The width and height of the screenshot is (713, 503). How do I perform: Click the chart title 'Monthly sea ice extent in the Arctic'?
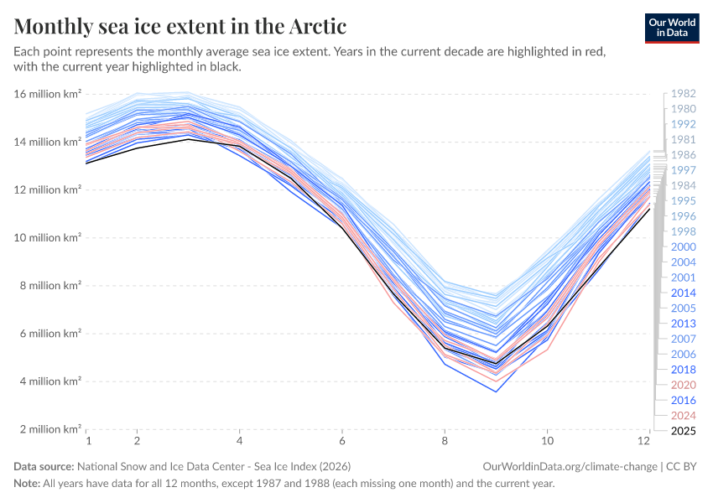(x=180, y=26)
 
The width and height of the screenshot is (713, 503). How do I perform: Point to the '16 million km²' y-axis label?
(x=47, y=94)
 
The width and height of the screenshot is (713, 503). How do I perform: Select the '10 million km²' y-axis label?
(x=47, y=237)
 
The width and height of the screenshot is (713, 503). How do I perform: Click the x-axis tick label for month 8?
(x=445, y=441)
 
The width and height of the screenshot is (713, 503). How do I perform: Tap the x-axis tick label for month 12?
(x=645, y=441)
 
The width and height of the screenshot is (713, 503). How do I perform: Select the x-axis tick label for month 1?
(x=87, y=441)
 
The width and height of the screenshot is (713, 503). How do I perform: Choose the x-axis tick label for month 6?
(x=341, y=441)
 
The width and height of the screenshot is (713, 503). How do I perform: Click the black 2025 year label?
(x=684, y=431)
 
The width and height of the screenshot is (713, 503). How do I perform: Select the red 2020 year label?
(x=684, y=385)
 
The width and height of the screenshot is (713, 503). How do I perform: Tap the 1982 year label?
(x=684, y=94)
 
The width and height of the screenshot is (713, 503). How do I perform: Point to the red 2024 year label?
(x=684, y=416)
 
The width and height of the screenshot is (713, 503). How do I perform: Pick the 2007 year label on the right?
(x=684, y=339)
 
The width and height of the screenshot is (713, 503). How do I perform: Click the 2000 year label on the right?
(x=684, y=246)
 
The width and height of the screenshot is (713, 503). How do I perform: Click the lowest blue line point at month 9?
(x=497, y=392)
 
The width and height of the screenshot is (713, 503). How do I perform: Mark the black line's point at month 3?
(x=189, y=138)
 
